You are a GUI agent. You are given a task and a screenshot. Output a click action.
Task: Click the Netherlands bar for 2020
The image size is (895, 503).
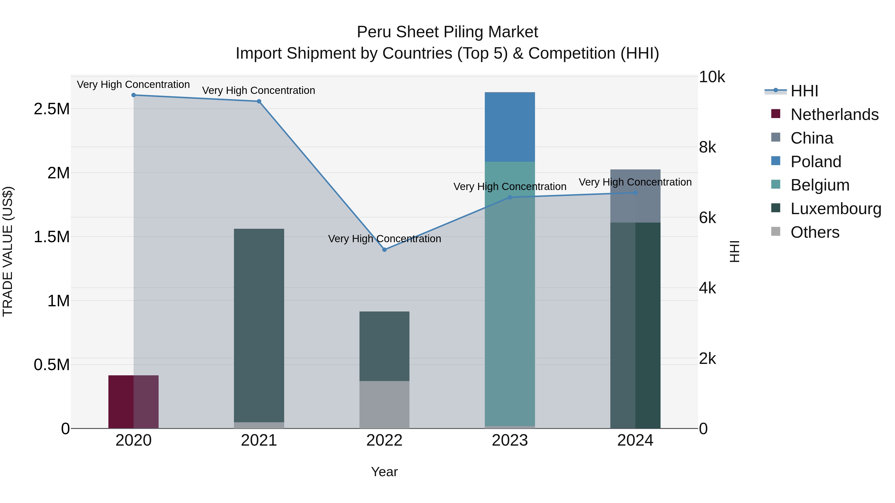(x=134, y=402)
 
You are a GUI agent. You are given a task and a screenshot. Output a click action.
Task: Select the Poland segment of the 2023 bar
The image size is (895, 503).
(x=510, y=127)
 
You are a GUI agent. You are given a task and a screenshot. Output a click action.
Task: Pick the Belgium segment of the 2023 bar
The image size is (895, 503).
(x=510, y=293)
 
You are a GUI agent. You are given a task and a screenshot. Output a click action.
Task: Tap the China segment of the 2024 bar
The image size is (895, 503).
(x=635, y=196)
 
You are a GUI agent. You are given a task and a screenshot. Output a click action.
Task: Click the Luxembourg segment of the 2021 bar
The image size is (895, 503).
(x=259, y=325)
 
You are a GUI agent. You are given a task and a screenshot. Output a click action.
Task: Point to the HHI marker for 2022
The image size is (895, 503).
(x=384, y=250)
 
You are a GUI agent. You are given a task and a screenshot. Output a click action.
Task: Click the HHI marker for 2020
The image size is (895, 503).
(x=134, y=95)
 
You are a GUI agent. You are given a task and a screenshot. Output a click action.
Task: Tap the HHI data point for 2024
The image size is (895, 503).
(x=635, y=193)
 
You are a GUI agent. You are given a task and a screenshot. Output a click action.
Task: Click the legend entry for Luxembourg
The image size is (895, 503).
(x=836, y=209)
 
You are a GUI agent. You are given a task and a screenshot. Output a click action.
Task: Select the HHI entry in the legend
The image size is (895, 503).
(x=804, y=91)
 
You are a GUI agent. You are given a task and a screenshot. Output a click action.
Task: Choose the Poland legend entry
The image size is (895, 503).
(x=815, y=162)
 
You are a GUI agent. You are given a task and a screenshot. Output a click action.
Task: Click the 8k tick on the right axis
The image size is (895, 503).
(x=707, y=147)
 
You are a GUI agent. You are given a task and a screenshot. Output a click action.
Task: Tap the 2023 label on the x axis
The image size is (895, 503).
(x=510, y=440)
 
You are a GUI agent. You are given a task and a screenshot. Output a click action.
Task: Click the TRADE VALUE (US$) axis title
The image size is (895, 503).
(x=8, y=251)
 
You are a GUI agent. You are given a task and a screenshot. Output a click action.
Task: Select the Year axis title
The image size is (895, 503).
(x=384, y=472)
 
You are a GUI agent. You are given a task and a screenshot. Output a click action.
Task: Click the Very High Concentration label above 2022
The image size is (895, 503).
(x=384, y=239)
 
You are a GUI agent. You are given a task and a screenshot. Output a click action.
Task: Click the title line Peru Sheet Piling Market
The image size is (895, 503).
(x=447, y=32)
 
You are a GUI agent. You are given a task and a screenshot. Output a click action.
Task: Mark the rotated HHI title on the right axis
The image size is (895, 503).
(x=734, y=251)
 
